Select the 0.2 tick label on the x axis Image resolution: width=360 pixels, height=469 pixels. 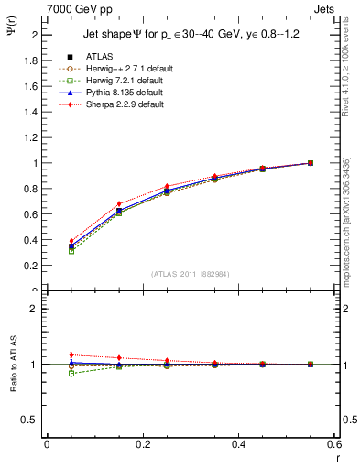[142, 444]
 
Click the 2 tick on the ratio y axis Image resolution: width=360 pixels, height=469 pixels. [35, 310]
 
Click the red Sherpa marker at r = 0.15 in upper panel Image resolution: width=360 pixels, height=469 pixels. [119, 203]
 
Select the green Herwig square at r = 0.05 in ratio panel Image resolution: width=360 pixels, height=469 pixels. [71, 374]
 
